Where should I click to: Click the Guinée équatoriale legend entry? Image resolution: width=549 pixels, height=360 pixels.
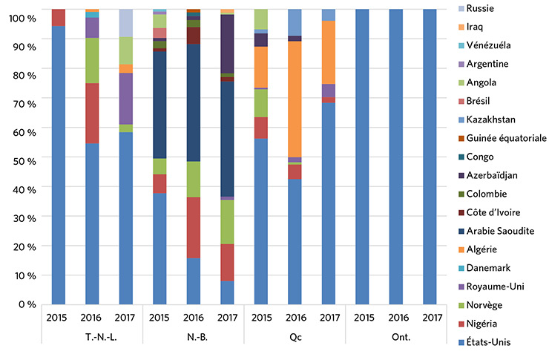(x=504, y=138)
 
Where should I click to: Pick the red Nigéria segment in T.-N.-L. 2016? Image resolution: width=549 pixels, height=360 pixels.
(x=93, y=113)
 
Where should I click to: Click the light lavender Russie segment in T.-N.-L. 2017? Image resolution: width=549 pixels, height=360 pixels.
(x=126, y=22)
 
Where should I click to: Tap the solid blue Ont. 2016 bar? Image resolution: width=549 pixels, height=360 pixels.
(x=395, y=156)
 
